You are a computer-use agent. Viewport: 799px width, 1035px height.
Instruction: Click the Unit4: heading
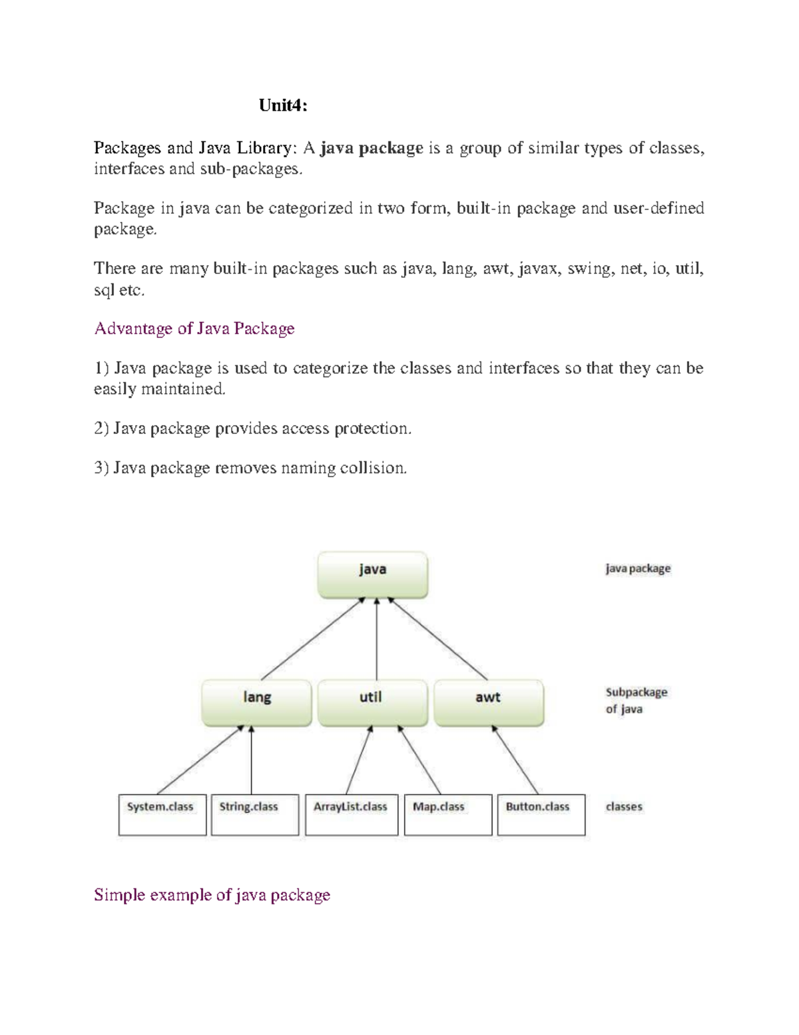click(x=283, y=105)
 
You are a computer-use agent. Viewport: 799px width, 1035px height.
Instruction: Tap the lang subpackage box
click(x=256, y=702)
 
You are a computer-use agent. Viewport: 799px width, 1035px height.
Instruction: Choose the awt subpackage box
click(x=488, y=702)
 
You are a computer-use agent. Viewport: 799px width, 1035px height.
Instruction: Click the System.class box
click(x=162, y=814)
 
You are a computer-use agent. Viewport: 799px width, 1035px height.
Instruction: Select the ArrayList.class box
click(x=351, y=814)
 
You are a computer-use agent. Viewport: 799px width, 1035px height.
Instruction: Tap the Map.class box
click(x=447, y=814)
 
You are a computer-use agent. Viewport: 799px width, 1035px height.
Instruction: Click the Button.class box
click(x=541, y=814)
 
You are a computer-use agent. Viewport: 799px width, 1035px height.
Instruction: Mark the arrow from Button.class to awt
click(x=515, y=760)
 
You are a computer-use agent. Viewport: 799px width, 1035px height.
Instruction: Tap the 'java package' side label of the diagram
click(x=637, y=569)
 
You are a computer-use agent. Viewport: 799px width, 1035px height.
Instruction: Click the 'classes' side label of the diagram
click(x=624, y=807)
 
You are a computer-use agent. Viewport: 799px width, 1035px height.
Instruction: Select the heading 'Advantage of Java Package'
click(x=194, y=329)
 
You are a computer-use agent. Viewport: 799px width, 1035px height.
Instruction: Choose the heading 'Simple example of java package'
click(x=212, y=895)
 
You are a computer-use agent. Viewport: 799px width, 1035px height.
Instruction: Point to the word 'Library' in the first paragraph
click(x=263, y=148)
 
